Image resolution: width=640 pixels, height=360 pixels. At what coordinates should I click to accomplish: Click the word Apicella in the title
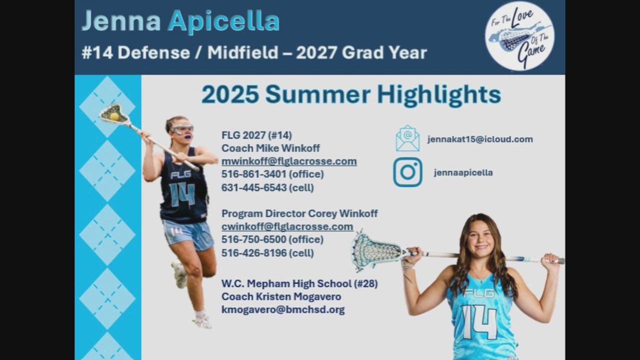pyautogui.click(x=223, y=21)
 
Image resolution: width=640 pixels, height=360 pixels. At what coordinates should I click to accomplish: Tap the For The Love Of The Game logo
pyautogui.click(x=519, y=36)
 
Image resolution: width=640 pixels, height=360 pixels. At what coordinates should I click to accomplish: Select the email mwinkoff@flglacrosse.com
pyautogui.click(x=289, y=161)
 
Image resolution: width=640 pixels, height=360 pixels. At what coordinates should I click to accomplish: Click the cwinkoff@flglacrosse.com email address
pyautogui.click(x=287, y=226)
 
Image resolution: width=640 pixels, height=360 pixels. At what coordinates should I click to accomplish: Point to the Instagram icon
pyautogui.click(x=407, y=172)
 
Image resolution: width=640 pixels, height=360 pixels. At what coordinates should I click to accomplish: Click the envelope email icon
pyautogui.click(x=407, y=138)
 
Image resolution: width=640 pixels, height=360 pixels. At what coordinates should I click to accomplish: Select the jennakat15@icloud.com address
pyautogui.click(x=480, y=139)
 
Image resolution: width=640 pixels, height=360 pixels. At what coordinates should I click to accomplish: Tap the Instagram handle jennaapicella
pyautogui.click(x=463, y=172)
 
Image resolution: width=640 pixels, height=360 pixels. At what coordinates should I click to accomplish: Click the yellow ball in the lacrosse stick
pyautogui.click(x=114, y=116)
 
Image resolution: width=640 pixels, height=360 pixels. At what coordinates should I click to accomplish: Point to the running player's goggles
pyautogui.click(x=182, y=129)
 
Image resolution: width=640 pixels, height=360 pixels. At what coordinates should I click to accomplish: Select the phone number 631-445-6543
pyautogui.click(x=254, y=187)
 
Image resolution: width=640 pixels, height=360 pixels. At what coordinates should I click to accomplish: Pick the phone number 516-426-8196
pyautogui.click(x=254, y=253)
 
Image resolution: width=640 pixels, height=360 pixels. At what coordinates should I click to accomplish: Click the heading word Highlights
pyautogui.click(x=439, y=95)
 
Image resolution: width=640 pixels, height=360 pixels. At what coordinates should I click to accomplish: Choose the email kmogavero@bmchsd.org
pyautogui.click(x=283, y=309)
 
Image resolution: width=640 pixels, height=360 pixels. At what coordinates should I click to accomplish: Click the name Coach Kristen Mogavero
pyautogui.click(x=281, y=296)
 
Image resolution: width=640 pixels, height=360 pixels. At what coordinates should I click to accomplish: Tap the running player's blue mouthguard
pyautogui.click(x=187, y=136)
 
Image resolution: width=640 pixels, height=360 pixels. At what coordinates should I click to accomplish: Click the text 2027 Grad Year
pyautogui.click(x=361, y=52)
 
